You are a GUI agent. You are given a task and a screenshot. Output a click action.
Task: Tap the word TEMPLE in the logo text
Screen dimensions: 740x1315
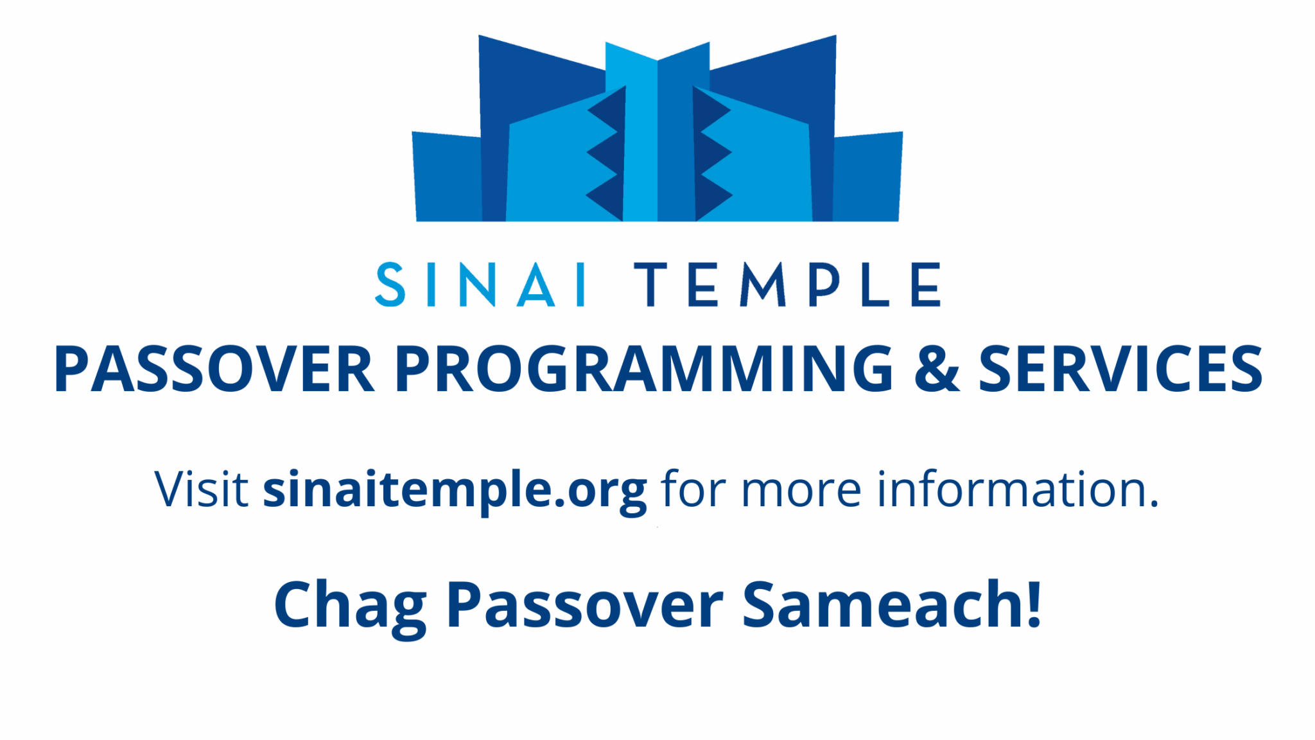coord(788,285)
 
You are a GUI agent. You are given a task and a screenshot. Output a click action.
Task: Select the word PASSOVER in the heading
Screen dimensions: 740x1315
coord(214,369)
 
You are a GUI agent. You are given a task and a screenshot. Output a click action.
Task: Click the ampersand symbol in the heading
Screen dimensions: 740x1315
coord(936,369)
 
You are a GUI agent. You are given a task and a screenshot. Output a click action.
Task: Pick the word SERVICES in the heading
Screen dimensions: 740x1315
coord(1120,369)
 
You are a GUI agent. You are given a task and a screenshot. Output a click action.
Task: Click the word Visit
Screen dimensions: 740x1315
coord(201,490)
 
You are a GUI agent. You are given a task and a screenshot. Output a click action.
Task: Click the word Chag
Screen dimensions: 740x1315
coord(350,606)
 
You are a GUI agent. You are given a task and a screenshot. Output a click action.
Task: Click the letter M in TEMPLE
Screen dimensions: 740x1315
coord(763,285)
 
